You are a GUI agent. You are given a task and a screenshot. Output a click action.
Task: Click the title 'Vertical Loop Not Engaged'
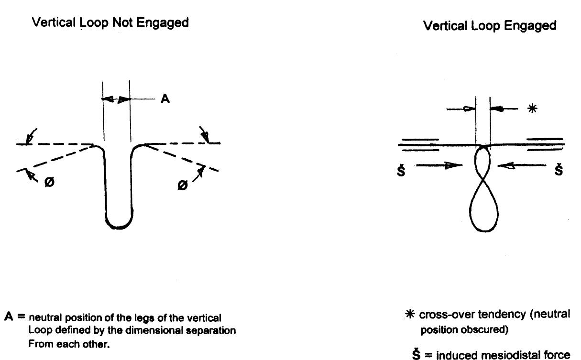pyautogui.click(x=110, y=22)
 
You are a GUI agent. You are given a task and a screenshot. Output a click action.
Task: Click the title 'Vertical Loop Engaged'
pyautogui.click(x=490, y=26)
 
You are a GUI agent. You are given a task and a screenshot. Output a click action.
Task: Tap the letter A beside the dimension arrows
pyautogui.click(x=165, y=99)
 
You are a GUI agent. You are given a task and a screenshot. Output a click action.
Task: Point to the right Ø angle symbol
pyautogui.click(x=182, y=185)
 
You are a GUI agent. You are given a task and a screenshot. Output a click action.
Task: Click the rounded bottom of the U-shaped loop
pyautogui.click(x=119, y=223)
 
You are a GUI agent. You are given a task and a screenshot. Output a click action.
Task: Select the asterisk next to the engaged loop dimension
pyautogui.click(x=532, y=109)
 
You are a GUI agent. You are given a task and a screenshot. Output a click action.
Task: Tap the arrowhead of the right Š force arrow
pyautogui.click(x=503, y=165)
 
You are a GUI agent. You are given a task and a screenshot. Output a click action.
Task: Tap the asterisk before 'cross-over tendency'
pyautogui.click(x=411, y=315)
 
